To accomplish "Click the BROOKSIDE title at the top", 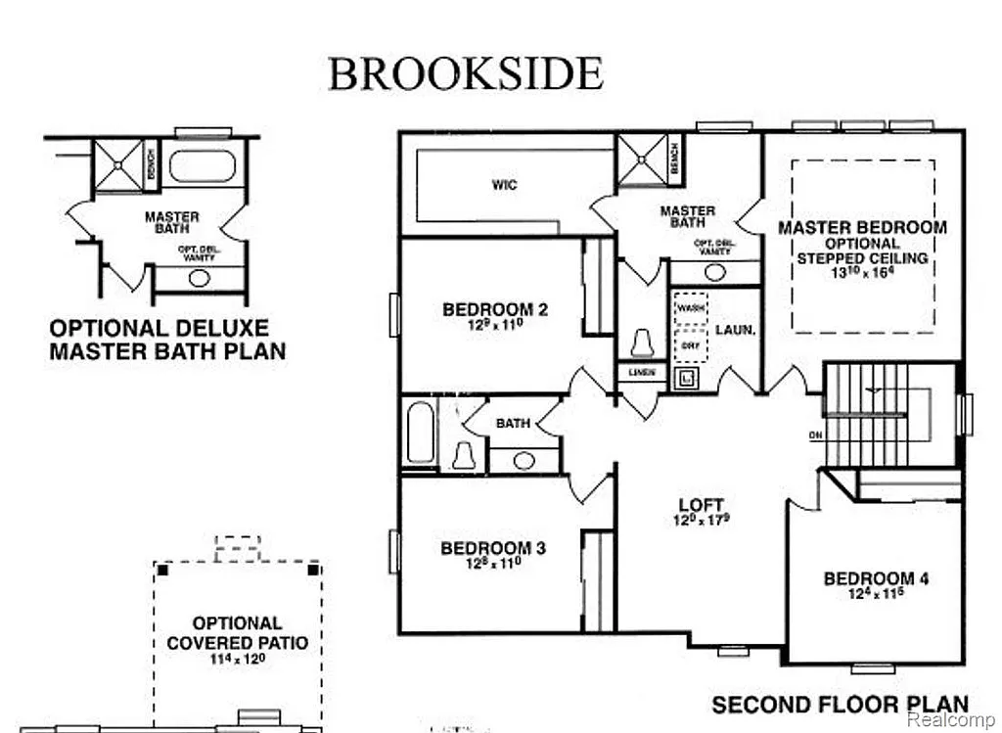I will pos(465,74).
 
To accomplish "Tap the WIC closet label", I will pos(505,185).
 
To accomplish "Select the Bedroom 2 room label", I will pos(495,310).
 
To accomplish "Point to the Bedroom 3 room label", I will pos(492,548).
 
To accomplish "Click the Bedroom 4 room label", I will pos(876,578).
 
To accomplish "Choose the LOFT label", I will pos(701,506).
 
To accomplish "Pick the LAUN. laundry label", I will pos(735,331).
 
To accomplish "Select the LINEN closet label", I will pos(641,372).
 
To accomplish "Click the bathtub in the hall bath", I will pos(420,435).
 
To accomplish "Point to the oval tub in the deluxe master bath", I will pos(203,164).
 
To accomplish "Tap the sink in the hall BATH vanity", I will pos(524,460).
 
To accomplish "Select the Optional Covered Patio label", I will pos(237,633).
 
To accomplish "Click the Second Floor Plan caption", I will pos(840,705).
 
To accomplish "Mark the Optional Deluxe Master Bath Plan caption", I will pos(167,339).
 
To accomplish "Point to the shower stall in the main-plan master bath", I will pos(642,160).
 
